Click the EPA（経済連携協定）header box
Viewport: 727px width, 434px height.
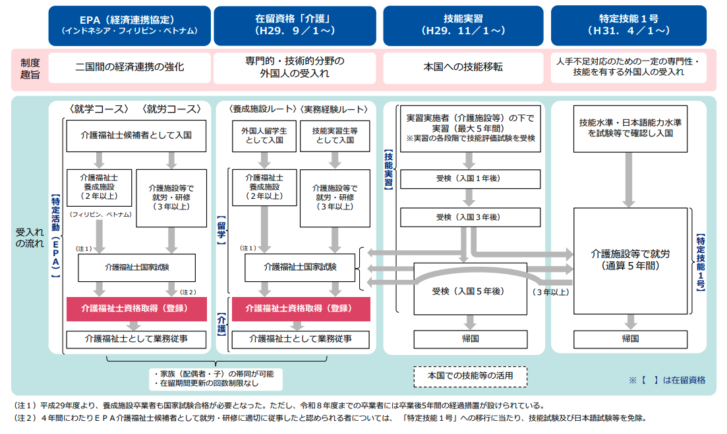[x=129, y=24]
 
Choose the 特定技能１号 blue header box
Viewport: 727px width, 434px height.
[x=633, y=24]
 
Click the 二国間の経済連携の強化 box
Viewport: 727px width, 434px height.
[x=129, y=67]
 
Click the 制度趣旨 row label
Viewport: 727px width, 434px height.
[x=30, y=68]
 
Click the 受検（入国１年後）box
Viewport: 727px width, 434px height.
[x=469, y=178]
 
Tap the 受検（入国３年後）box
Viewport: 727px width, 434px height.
[x=469, y=217]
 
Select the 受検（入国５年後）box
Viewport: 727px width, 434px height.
[x=469, y=291]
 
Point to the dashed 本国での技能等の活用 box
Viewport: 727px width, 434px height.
[x=469, y=375]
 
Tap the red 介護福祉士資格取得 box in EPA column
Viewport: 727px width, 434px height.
[x=136, y=308]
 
